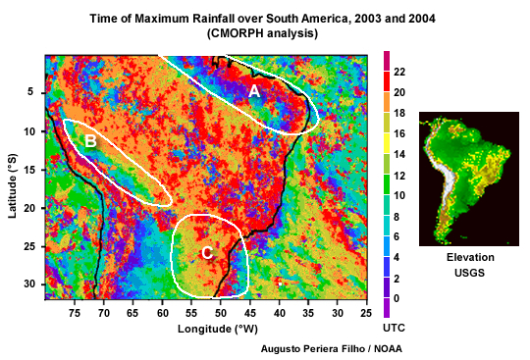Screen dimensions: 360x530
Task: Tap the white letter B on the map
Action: pos(90,141)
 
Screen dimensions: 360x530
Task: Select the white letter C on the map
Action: pos(207,253)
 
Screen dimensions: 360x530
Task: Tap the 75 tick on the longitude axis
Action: pos(76,311)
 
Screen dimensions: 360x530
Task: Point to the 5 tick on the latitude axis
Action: pos(30,92)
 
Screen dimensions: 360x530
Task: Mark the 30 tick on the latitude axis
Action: pos(27,283)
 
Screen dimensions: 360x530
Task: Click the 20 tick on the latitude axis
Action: pos(27,207)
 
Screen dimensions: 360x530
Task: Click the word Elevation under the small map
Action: pos(469,257)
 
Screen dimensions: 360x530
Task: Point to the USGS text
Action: pos(469,273)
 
